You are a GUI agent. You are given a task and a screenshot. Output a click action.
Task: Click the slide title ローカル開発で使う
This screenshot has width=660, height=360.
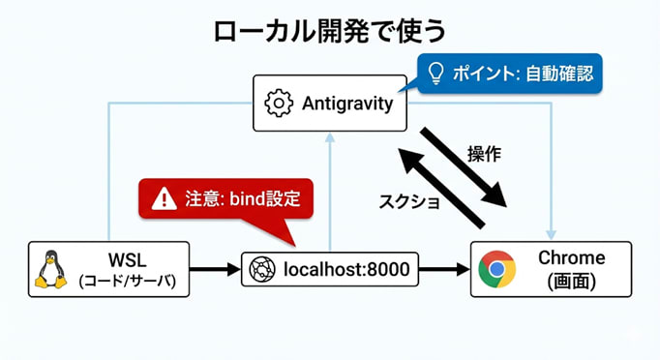pos(329,30)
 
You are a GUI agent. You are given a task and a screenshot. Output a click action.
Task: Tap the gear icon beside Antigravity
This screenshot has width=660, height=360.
pos(279,103)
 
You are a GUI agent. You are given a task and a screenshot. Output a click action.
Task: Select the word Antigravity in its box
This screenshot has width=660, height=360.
pos(346,103)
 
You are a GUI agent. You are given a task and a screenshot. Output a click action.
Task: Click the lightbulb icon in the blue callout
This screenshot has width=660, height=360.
pos(435,72)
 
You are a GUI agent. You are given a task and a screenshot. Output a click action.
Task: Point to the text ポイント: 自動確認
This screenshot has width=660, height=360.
pos(523,73)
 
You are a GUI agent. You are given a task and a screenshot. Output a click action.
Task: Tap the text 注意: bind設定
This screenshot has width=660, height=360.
pos(243,200)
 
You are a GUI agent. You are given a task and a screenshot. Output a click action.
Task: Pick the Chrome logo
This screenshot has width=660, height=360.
pos(495,269)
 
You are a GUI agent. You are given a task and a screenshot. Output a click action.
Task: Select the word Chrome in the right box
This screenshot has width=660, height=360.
pos(572,258)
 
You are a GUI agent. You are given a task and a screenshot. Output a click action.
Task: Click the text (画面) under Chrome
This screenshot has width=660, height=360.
pos(572,282)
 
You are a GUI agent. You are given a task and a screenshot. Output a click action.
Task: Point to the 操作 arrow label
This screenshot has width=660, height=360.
pos(484,154)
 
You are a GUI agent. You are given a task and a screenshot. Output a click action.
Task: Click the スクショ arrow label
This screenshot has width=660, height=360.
pos(408,201)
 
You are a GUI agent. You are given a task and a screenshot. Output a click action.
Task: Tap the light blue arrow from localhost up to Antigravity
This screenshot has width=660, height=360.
pos(330,194)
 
